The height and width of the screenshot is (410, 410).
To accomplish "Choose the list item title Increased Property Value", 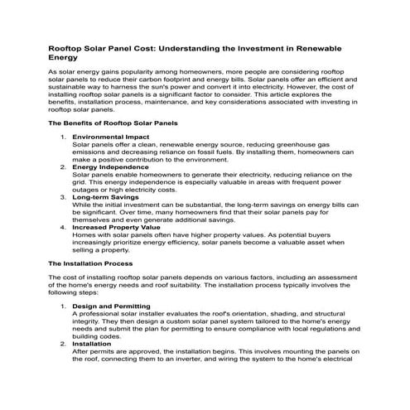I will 117,227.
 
